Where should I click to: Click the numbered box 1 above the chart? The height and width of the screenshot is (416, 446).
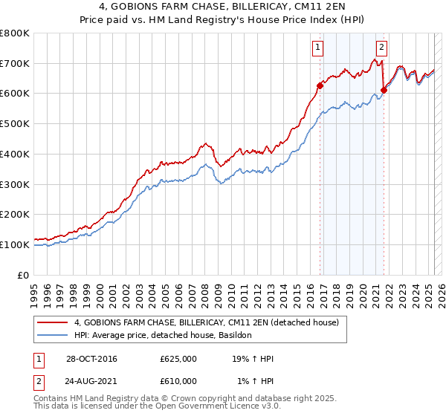(x=317, y=48)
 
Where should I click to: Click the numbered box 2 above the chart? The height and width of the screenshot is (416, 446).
(x=381, y=48)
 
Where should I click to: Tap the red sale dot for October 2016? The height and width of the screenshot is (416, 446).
(x=320, y=85)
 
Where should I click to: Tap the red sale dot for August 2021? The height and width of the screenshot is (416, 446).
(x=384, y=91)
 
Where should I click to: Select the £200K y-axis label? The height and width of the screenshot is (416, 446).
(x=15, y=215)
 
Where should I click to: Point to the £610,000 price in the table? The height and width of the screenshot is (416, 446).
(x=178, y=381)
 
